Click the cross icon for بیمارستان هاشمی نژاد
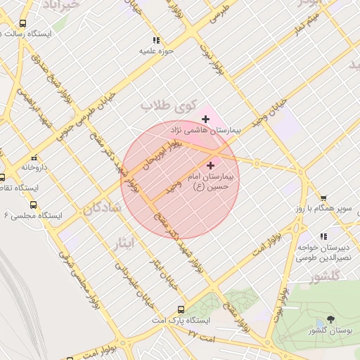205,119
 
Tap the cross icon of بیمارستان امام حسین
210,165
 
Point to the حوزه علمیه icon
156,40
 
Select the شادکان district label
103,209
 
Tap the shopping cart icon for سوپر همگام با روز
323,198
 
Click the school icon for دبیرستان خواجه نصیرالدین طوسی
323,237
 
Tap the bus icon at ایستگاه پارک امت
181,309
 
